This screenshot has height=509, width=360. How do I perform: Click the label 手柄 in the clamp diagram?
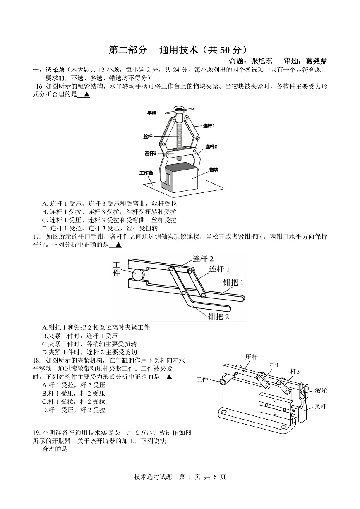152,113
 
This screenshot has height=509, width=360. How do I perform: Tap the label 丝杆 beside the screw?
148,136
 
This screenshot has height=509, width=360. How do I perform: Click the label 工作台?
146,173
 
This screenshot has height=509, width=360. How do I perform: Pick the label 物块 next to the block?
214,170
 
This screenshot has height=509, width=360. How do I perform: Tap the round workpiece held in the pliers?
137,274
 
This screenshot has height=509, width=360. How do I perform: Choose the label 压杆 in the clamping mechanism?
251,357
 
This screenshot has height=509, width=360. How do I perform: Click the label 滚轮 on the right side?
321,390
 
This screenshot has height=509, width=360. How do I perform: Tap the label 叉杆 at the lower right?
320,406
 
